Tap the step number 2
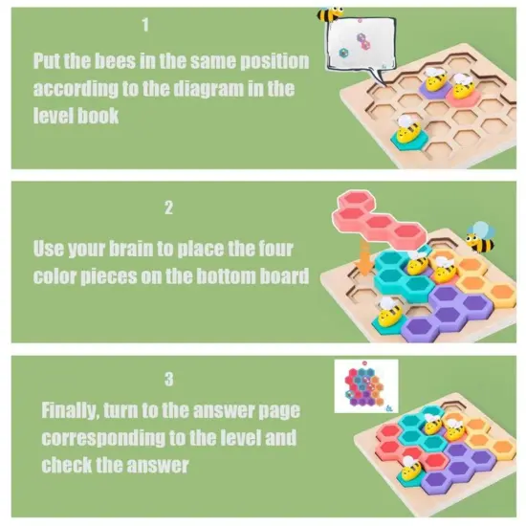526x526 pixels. pos(168,207)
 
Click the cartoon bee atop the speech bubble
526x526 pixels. pos(331,15)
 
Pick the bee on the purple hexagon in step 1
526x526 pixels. pos(435,82)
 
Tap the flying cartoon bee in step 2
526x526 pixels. pos(478,235)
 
